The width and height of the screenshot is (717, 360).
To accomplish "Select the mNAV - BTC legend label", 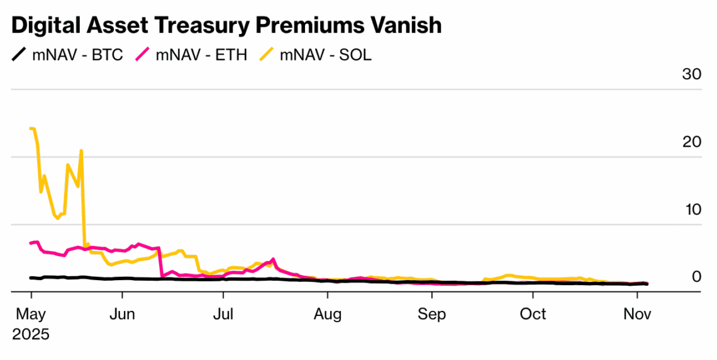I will pyautogui.click(x=78, y=55).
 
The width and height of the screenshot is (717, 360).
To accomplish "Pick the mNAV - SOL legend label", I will pyautogui.click(x=326, y=55).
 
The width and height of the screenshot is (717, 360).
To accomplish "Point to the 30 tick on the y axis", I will pyautogui.click(x=692, y=74).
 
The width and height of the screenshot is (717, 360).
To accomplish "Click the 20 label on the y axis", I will pyautogui.click(x=692, y=142).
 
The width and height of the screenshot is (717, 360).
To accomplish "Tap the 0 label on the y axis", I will pyautogui.click(x=696, y=277).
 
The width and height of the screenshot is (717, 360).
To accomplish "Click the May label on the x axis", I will pyautogui.click(x=30, y=313).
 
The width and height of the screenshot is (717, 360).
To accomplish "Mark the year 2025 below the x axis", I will pyautogui.click(x=31, y=333).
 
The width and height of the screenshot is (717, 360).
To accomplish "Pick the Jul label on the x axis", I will pyautogui.click(x=223, y=313).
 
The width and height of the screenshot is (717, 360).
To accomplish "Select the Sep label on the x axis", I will pyautogui.click(x=431, y=313).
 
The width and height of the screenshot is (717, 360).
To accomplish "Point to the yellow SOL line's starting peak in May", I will pyautogui.click(x=31, y=128).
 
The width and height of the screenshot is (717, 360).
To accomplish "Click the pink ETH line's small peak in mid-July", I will pyautogui.click(x=272, y=259).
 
